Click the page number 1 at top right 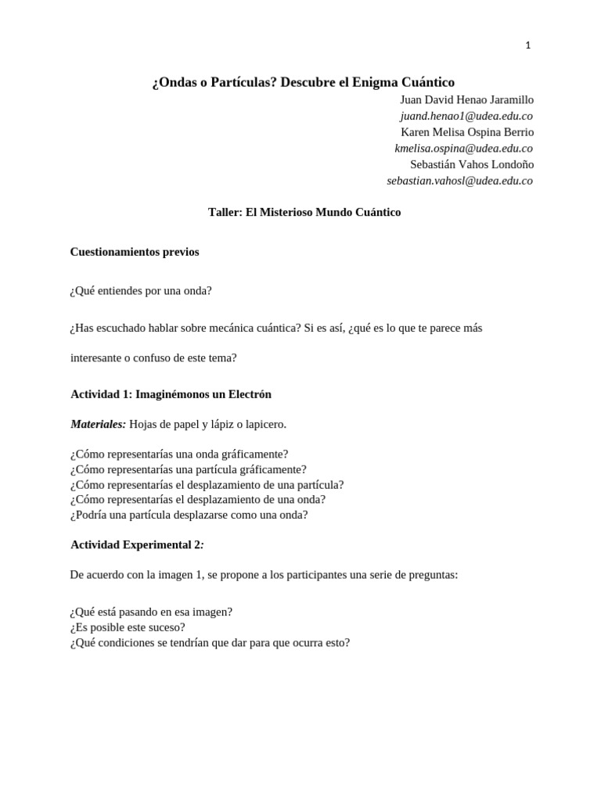pos(528,45)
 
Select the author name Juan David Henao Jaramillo pos(466,99)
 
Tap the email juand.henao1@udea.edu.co pos(466,116)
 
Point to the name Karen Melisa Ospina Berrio pos(466,131)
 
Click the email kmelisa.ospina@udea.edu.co pos(463,148)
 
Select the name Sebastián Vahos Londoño pos(471,164)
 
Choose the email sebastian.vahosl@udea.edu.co pos(459,181)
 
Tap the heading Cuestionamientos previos pos(135,252)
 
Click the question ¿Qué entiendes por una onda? pos(141,290)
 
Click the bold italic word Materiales pos(98,424)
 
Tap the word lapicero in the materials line pos(265,424)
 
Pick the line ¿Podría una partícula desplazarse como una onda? pos(189,515)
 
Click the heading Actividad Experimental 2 pos(137,544)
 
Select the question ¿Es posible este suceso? pos(128,627)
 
